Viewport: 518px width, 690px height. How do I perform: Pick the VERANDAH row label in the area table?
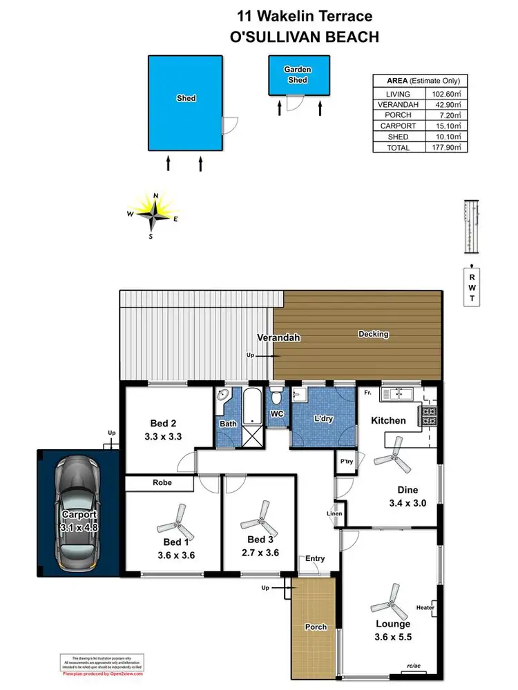pyautogui.click(x=399, y=105)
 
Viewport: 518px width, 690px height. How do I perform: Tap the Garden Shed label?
pyautogui.click(x=298, y=75)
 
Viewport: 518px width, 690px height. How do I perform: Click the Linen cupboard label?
pyautogui.click(x=334, y=513)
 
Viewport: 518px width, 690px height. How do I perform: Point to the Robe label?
pyautogui.click(x=163, y=484)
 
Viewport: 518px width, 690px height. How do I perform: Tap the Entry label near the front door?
pyautogui.click(x=314, y=559)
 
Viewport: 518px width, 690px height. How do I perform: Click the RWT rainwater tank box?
pyautogui.click(x=472, y=287)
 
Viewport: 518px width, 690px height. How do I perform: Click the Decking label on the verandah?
pyautogui.click(x=373, y=334)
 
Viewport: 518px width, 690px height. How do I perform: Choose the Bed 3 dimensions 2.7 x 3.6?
pyautogui.click(x=261, y=552)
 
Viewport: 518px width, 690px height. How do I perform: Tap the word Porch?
pyautogui.click(x=315, y=627)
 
